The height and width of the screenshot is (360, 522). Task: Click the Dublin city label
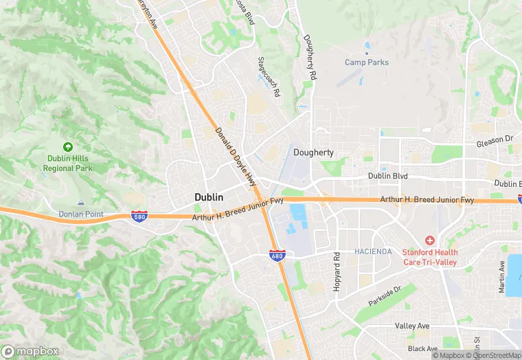208,197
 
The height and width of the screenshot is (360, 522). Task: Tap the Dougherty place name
313,153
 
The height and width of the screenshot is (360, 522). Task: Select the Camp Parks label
366,63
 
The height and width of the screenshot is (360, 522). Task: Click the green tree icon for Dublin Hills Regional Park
67,146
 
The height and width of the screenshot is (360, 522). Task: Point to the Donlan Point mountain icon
80,203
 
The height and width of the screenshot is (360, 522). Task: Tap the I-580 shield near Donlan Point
138,216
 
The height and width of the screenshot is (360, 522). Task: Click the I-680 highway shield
277,256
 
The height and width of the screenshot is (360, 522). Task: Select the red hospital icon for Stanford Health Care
430,240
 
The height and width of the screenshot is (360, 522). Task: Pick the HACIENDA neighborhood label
373,251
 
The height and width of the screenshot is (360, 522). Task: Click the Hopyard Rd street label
337,272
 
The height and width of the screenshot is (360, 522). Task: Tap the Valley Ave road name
412,326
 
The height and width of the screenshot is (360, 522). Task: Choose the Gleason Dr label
495,139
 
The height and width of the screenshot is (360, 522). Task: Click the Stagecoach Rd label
269,76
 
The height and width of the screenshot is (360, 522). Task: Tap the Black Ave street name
422,348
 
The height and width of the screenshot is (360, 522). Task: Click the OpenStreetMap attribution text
492,355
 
